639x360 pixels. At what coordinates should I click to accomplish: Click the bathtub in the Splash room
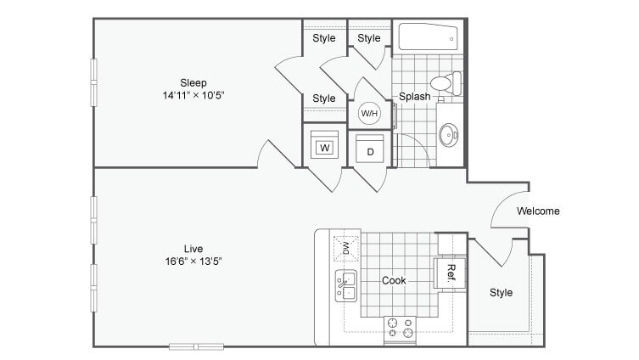click(x=429, y=38)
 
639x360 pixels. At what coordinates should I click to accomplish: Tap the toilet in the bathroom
click(x=446, y=83)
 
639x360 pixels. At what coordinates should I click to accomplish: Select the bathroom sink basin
click(x=448, y=133)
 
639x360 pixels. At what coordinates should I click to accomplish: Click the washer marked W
click(x=324, y=148)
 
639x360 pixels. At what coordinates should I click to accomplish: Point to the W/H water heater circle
click(x=370, y=112)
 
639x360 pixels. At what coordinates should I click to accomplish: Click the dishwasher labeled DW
click(x=346, y=248)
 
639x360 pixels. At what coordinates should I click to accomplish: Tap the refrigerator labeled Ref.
click(x=451, y=273)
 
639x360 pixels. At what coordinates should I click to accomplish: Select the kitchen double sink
click(x=346, y=285)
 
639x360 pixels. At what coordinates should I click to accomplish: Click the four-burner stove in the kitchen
click(x=399, y=328)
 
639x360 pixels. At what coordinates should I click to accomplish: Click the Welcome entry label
click(x=538, y=211)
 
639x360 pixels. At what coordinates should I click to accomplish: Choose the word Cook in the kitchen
click(x=393, y=280)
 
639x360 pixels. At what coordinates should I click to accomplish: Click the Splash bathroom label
click(x=415, y=97)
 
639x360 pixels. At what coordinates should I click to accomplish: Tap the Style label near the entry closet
click(x=501, y=293)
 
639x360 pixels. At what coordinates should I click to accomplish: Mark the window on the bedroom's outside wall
click(x=93, y=82)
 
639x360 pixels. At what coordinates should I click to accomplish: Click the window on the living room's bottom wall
click(x=195, y=346)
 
